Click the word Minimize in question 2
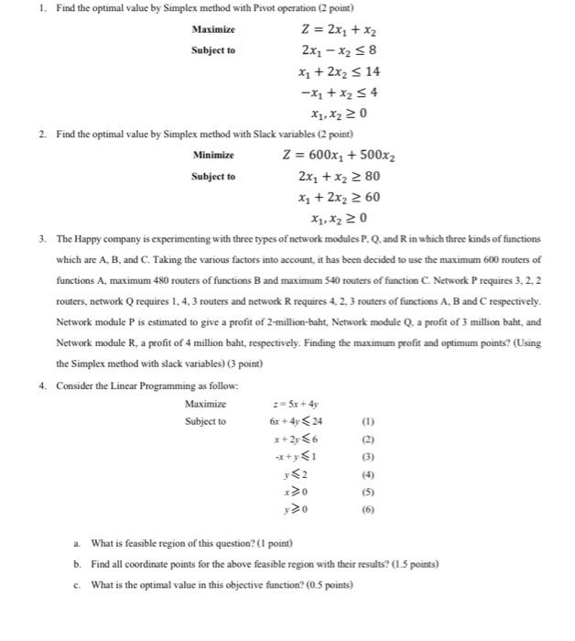[213, 155]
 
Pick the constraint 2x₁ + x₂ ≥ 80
[338, 176]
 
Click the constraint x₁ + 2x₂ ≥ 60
[338, 197]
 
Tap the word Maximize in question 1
[213, 30]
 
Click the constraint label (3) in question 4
[369, 457]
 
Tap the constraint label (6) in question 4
[369, 510]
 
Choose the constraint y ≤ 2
[296, 474]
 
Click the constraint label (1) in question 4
[369, 422]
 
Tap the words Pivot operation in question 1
[254, 8]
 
